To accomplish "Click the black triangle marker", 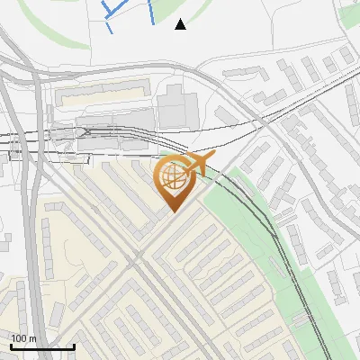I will (x=181, y=24).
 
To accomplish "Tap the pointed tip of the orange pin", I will (x=171, y=212).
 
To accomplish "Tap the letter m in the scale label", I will (x=32, y=338).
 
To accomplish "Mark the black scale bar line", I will (x=41, y=346).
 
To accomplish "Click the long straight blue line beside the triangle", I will (x=149, y=12).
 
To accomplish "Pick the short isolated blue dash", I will (x=109, y=27).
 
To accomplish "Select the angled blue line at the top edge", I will (x=112, y=8).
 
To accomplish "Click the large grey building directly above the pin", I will (x=177, y=106).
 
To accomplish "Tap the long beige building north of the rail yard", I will (x=102, y=91).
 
